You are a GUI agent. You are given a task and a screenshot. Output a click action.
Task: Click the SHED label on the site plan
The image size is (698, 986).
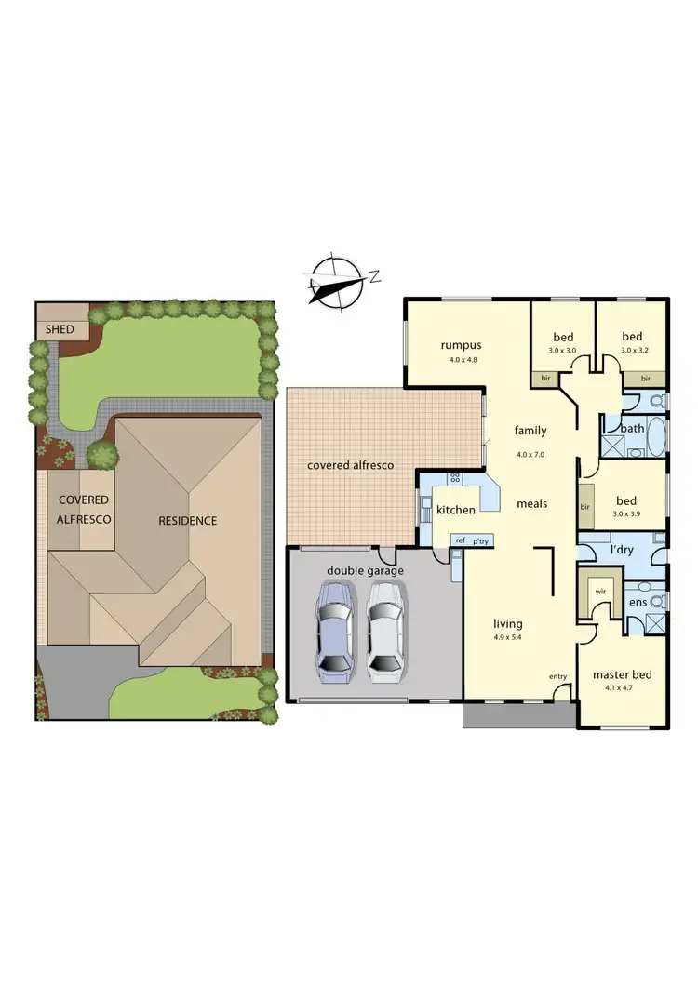(60, 329)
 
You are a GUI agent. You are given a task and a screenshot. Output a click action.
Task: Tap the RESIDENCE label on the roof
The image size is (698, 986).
(187, 520)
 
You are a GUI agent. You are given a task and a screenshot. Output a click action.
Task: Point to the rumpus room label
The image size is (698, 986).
(461, 346)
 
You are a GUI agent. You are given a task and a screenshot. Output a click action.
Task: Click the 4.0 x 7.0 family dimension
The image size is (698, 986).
(530, 455)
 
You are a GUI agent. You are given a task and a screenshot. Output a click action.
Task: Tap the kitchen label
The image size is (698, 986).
(456, 510)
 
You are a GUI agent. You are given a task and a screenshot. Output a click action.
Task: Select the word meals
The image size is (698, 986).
(531, 503)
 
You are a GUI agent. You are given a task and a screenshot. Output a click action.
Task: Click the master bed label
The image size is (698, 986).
(622, 674)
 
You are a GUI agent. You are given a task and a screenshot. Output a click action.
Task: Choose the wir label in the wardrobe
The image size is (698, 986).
(601, 591)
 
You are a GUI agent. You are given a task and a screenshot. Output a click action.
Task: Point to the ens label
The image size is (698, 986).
(638, 602)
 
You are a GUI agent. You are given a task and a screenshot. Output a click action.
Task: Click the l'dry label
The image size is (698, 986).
(621, 550)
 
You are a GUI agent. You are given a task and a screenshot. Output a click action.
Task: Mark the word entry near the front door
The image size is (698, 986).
(557, 676)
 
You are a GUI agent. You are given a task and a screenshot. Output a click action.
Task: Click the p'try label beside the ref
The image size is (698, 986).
(481, 540)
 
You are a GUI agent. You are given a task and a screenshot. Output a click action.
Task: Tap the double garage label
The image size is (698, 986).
(365, 570)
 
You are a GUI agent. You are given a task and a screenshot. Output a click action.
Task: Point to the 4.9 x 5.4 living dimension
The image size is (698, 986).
(507, 637)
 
